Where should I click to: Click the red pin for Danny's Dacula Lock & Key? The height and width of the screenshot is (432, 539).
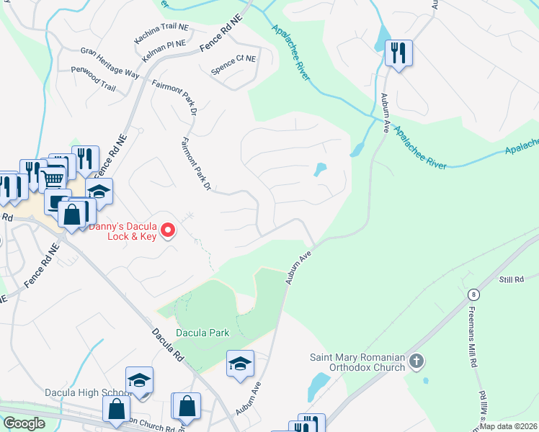click(168, 230)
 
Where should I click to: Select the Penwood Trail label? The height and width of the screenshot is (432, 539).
click(93, 78)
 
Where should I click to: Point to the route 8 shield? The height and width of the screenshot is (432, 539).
click(473, 294)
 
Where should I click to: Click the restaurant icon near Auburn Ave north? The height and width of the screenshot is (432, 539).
click(397, 53)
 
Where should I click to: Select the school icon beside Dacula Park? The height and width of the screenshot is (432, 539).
click(241, 364)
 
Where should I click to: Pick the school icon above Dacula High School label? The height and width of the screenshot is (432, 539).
click(139, 380)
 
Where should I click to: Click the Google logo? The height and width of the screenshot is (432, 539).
click(24, 423)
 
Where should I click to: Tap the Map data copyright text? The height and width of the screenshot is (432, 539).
click(509, 426)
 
